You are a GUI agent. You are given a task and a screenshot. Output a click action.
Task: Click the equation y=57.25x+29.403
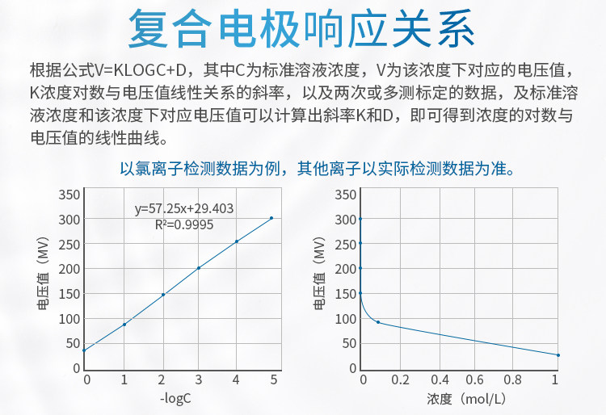184,208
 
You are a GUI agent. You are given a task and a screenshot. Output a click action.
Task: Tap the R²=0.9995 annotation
184,224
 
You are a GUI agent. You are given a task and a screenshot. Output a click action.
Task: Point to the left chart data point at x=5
271,218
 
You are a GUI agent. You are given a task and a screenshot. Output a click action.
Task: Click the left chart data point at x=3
198,268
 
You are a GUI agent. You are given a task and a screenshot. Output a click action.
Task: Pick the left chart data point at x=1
124,325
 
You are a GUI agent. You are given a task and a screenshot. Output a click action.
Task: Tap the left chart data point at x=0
84,350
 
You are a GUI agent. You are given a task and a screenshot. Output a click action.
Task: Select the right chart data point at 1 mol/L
558,355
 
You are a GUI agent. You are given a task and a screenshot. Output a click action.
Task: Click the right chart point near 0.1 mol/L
378,322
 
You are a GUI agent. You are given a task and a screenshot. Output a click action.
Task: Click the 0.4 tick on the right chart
439,379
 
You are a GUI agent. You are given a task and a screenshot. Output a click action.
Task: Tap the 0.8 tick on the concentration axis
515,379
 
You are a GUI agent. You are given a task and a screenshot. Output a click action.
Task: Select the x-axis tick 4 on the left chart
235,379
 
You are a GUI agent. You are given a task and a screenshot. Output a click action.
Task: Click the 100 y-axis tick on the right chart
346,319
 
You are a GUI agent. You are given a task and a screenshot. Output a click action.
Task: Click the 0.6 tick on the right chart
477,379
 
